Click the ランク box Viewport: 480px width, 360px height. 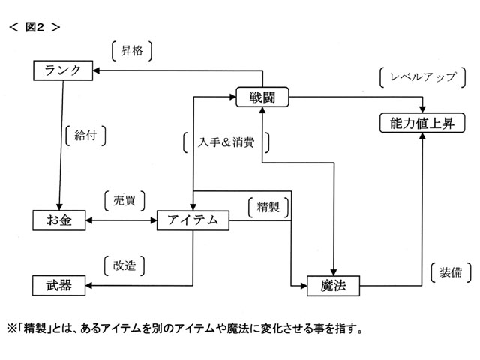click(x=64, y=70)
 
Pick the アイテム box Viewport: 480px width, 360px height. click(x=193, y=220)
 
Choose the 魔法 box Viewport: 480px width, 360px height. click(x=333, y=285)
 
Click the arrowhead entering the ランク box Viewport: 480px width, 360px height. click(x=97, y=70)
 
